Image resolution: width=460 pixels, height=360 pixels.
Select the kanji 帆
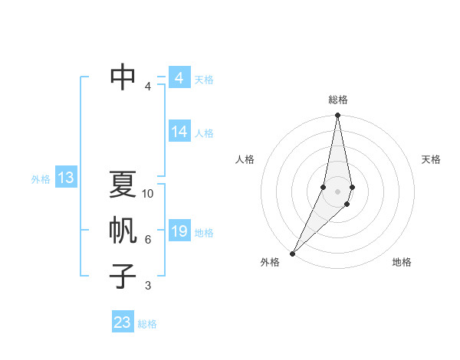coord(123,231)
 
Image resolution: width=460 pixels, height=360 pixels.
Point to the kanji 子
coord(123,277)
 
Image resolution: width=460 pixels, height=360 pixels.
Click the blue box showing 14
coord(179,132)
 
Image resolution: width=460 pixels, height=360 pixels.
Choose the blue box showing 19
coord(179,231)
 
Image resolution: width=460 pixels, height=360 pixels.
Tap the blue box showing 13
coord(66,178)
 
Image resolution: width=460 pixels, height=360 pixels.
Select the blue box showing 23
coord(123,322)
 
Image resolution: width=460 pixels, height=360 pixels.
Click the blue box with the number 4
coord(179,78)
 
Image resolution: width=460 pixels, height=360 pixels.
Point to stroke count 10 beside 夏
coord(148,194)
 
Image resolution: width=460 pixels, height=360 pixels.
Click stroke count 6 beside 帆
coord(148,240)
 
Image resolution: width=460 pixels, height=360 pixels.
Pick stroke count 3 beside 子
coord(148,286)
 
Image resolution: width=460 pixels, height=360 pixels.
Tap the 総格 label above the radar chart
coord(338,100)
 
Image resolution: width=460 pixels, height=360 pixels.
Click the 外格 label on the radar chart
coord(270,262)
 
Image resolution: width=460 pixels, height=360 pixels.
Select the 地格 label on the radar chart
coord(402,262)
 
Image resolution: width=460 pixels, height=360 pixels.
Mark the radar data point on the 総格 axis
coord(338,116)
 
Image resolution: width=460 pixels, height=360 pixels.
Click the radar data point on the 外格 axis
coord(293,253)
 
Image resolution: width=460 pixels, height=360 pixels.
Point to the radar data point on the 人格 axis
coord(324,187)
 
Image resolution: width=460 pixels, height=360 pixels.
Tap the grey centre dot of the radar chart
coord(338,191)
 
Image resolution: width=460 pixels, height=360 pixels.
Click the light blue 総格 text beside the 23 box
coord(147,324)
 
